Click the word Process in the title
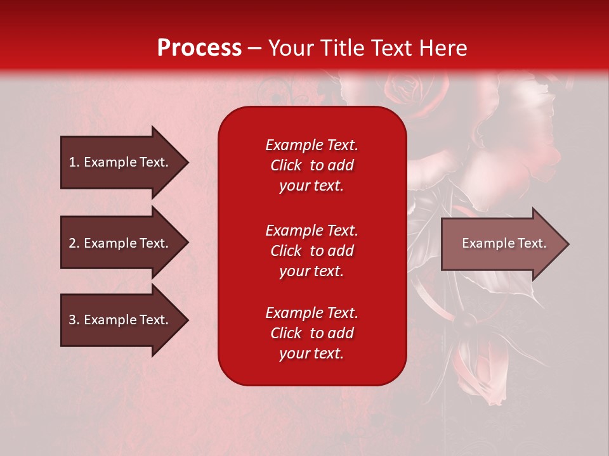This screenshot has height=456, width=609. click(199, 48)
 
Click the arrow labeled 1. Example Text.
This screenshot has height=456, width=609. click(121, 162)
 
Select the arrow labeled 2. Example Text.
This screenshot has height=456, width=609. click(121, 243)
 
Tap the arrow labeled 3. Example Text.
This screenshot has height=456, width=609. click(121, 320)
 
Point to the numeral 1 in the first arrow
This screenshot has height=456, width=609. click(72, 162)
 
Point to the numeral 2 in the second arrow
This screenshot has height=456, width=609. click(72, 243)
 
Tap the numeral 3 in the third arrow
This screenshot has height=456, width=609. click(72, 320)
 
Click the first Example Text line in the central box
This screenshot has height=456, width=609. click(311, 145)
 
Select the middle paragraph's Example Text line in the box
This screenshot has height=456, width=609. click(311, 231)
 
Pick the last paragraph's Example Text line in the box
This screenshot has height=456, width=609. click(311, 313)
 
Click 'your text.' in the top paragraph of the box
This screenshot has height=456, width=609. click(311, 186)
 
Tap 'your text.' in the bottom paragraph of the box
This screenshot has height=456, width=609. click(311, 354)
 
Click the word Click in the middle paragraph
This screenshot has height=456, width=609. click(286, 251)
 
